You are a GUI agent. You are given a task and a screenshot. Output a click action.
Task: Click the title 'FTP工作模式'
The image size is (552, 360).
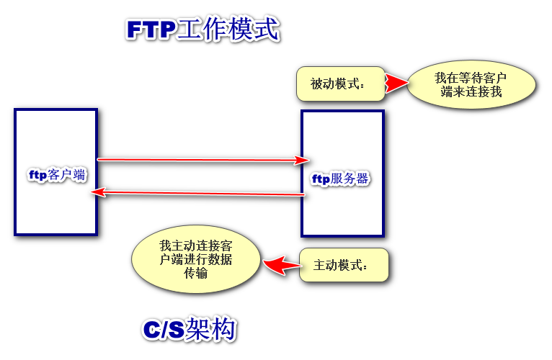pos(202,30)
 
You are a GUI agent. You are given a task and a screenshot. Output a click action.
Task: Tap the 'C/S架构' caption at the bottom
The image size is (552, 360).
pos(189,329)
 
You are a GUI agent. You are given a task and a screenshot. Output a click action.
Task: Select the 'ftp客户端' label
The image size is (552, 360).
pos(56,175)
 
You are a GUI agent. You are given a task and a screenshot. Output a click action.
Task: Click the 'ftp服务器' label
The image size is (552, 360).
pos(341,179)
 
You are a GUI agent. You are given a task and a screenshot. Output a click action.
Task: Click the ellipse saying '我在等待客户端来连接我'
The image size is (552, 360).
pos(471,85)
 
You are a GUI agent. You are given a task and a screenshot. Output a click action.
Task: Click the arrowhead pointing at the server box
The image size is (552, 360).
pos(304,159)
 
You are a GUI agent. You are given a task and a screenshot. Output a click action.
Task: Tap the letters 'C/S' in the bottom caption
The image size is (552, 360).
pos(163,330)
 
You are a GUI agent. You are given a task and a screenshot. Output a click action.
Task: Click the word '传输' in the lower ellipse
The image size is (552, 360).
pos(196,273)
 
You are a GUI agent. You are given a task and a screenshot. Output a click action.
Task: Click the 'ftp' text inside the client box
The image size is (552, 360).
pos(37,175)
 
